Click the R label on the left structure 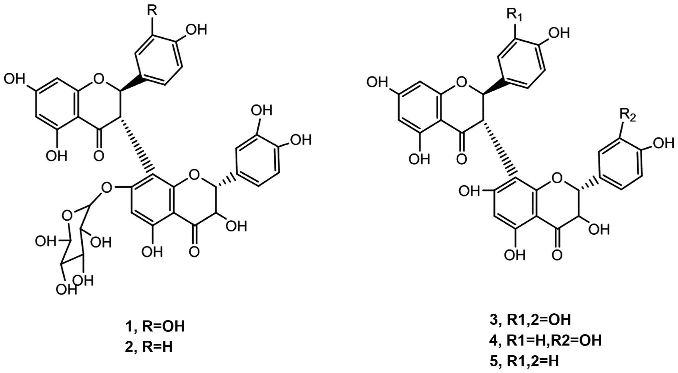[152, 11]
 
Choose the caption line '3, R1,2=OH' [530, 320]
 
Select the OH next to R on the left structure [196, 30]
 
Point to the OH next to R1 [559, 33]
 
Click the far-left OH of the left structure [14, 79]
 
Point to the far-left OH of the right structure [377, 82]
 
